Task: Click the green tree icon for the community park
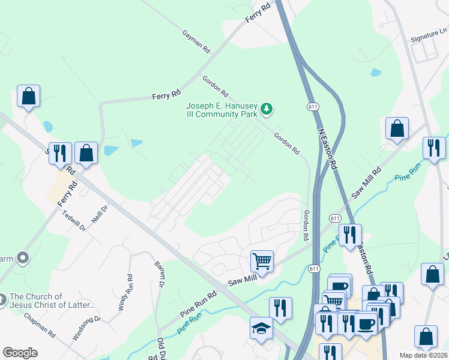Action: (267, 110)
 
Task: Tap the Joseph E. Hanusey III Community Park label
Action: (221, 109)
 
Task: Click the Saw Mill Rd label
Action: (367, 183)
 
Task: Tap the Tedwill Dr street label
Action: (75, 221)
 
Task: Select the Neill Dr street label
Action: (100, 211)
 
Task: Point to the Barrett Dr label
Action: (160, 274)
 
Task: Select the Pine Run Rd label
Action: (197, 304)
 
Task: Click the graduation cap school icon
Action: (261, 328)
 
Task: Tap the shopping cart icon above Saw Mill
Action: (262, 262)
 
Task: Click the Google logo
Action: (20, 353)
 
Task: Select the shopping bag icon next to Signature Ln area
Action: (397, 128)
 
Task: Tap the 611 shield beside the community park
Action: (312, 106)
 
